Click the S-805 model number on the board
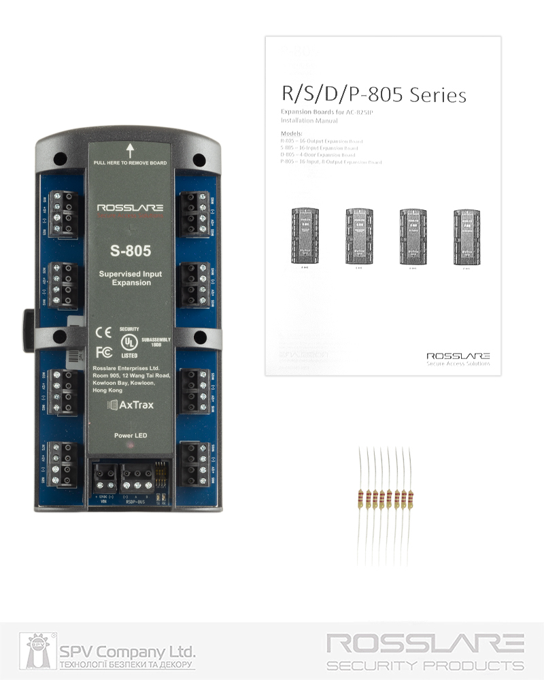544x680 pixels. [x=130, y=251]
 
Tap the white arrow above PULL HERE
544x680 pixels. [x=130, y=150]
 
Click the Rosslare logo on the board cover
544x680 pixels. [x=130, y=208]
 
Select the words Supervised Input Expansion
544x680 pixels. [x=130, y=278]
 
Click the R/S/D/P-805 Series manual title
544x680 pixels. [x=373, y=95]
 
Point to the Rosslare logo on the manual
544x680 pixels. [x=458, y=356]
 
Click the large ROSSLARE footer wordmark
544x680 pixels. [x=425, y=643]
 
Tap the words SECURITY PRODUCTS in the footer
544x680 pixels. [x=425, y=666]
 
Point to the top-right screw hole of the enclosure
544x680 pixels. [x=199, y=160]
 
